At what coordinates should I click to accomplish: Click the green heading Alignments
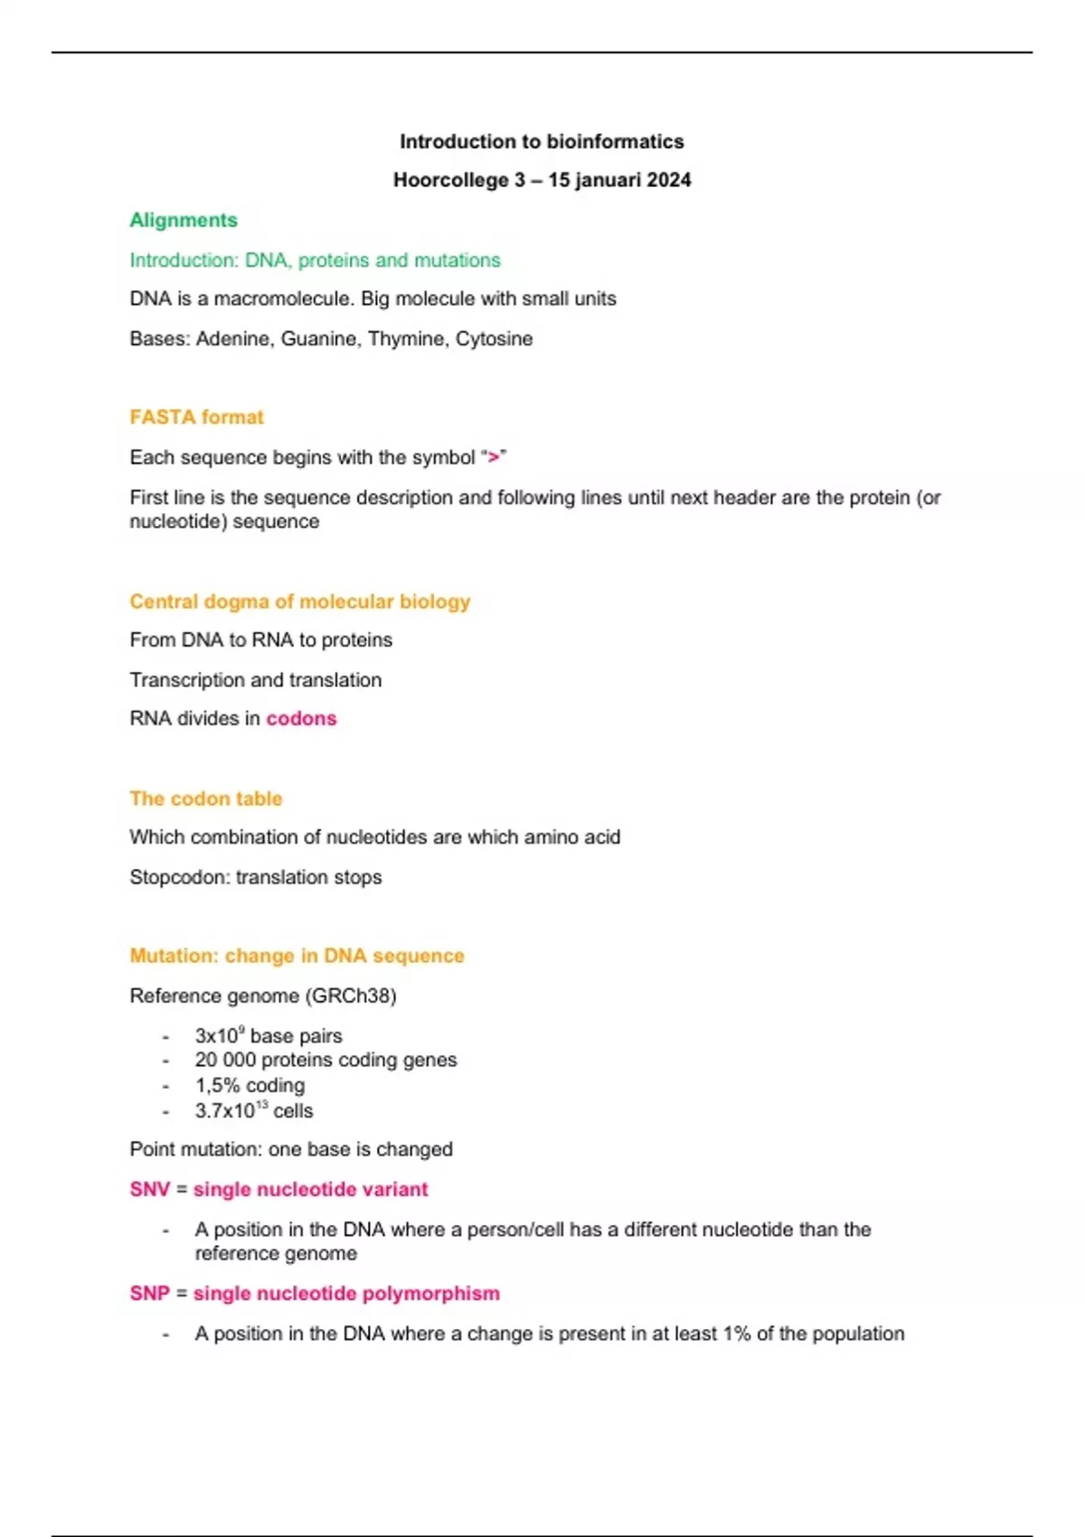coord(184,220)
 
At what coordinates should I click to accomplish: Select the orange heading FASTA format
coord(196,417)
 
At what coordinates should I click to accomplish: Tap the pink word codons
coord(301,719)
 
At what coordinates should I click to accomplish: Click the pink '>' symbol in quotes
coord(493,457)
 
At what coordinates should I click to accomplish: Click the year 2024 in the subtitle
coord(669,180)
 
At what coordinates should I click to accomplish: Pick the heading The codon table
coord(205,798)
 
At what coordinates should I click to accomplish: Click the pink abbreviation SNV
coord(149,1190)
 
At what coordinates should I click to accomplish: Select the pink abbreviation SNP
coord(149,1294)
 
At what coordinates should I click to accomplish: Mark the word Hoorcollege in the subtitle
coord(450,180)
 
